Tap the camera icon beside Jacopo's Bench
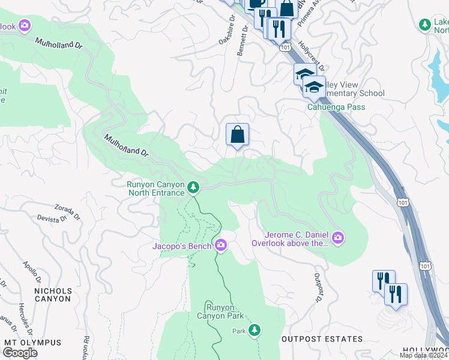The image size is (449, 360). [221, 244]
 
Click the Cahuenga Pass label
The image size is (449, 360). [336, 107]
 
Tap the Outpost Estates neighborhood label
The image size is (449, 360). [322, 339]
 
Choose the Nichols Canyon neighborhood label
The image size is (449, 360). [53, 295]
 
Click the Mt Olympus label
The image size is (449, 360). [32, 343]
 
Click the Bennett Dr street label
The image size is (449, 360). [243, 41]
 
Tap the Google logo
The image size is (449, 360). [20, 352]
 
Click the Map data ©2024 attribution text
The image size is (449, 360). [424, 355]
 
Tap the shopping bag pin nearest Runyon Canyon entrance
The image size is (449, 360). [237, 134]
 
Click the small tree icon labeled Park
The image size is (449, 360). [255, 330]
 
